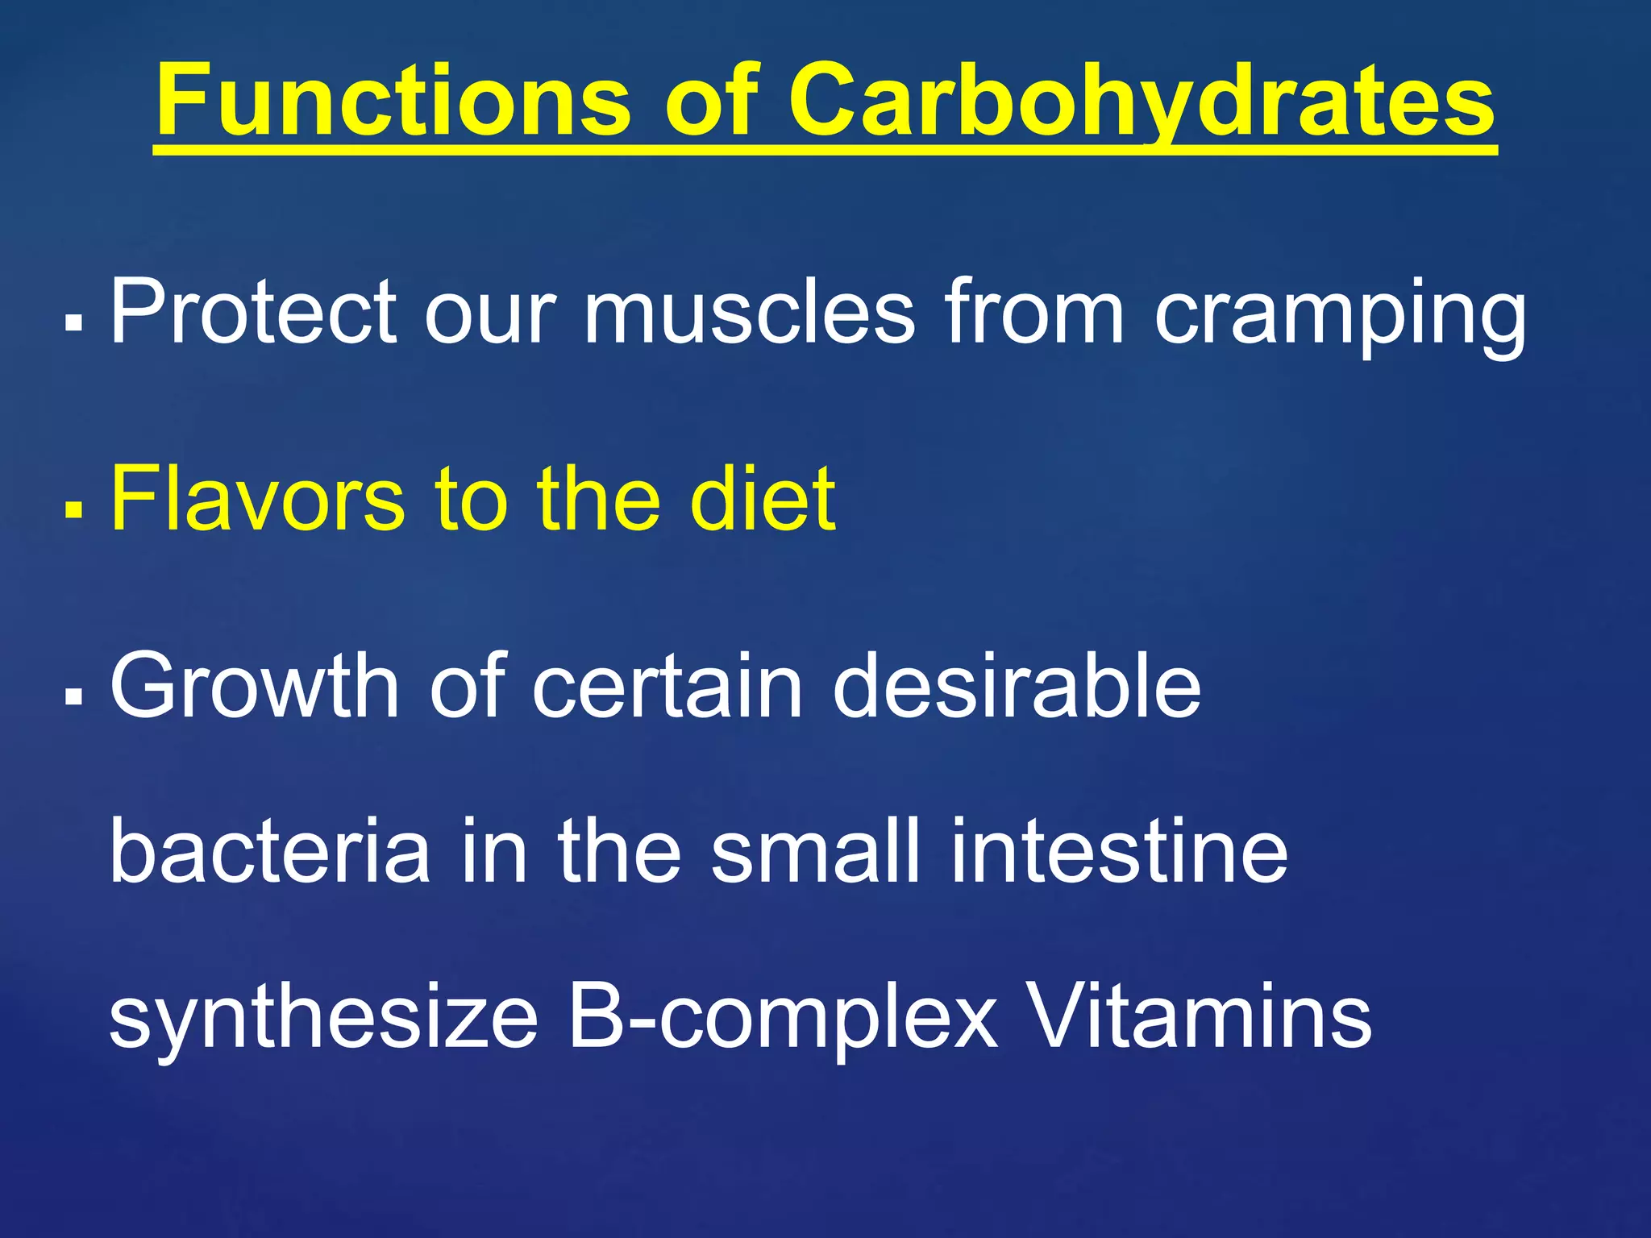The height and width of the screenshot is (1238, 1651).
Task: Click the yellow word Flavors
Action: point(257,499)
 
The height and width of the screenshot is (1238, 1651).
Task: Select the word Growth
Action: point(254,686)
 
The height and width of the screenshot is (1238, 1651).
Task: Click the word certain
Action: point(667,686)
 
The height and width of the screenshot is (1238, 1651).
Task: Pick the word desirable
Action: point(1017,686)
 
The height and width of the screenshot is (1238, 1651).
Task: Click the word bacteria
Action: point(269,851)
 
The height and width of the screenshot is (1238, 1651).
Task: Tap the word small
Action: point(815,851)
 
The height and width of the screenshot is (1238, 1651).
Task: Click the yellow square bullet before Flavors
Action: point(73,509)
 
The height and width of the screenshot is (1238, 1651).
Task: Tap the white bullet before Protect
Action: point(73,322)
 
